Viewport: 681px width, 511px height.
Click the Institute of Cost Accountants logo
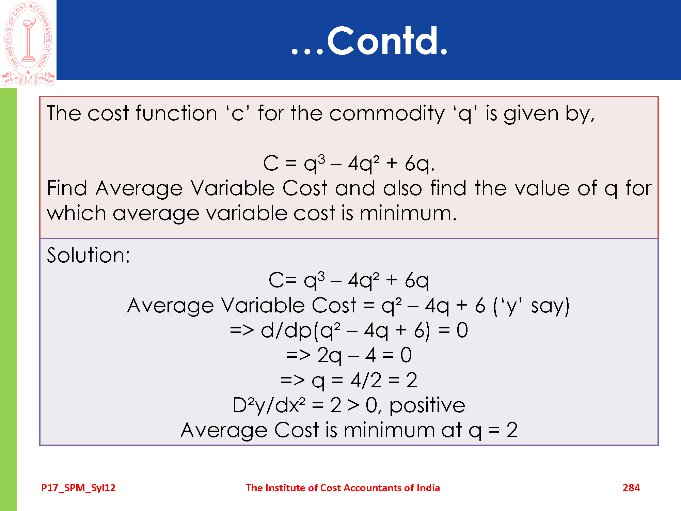click(x=28, y=44)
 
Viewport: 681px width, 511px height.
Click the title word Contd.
click(x=387, y=41)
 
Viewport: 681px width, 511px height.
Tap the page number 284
click(x=631, y=488)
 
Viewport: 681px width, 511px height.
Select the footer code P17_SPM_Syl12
click(x=78, y=488)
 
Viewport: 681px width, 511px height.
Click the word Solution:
click(x=89, y=255)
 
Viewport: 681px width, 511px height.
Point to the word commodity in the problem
click(x=387, y=113)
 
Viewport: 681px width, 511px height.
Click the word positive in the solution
click(x=427, y=406)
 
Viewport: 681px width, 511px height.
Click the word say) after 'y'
click(x=550, y=306)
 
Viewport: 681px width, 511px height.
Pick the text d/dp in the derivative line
click(x=286, y=330)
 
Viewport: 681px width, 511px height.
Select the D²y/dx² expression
click(x=269, y=405)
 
